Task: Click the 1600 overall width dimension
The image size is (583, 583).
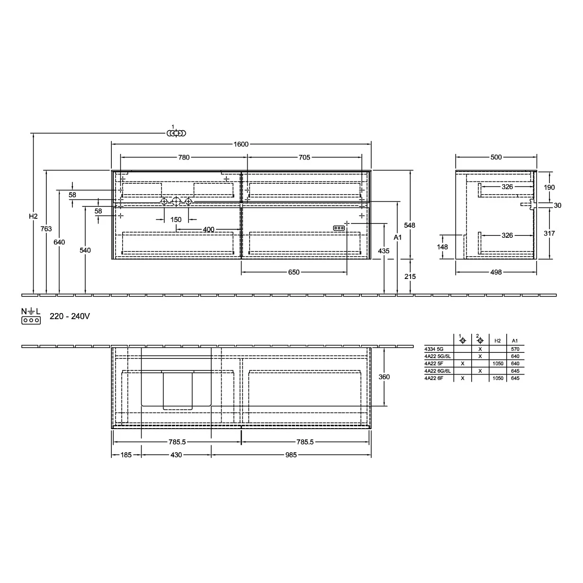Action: click(x=241, y=144)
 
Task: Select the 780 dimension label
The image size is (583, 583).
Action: click(x=184, y=157)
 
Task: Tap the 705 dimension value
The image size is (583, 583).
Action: click(x=305, y=157)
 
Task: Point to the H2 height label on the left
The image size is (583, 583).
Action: click(x=33, y=216)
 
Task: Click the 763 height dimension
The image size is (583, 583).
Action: click(x=46, y=229)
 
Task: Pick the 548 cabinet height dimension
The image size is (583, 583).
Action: click(x=410, y=225)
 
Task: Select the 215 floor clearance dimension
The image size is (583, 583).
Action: click(x=410, y=277)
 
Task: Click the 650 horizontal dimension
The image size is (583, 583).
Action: click(x=294, y=272)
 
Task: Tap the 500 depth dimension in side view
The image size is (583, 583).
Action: click(x=496, y=157)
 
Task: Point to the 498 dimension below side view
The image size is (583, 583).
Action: click(x=496, y=272)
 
